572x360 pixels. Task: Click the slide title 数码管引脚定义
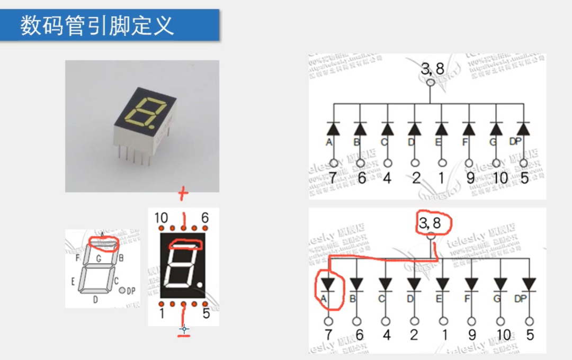point(97,25)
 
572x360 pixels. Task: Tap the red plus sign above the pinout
point(183,194)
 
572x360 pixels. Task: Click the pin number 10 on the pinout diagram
point(161,218)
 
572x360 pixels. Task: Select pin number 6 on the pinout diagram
point(205,218)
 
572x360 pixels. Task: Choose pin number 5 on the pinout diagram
point(206,314)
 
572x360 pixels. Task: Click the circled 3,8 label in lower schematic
point(430,223)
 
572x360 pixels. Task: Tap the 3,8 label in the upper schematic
point(432,69)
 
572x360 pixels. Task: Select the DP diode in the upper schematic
point(523,129)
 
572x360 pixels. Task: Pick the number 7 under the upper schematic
point(333,178)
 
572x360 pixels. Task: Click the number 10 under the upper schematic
point(499,178)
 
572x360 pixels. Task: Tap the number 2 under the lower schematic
point(414,335)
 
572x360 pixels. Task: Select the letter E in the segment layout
point(73,281)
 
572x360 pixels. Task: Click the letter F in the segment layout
point(78,258)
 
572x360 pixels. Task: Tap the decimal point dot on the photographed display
point(153,127)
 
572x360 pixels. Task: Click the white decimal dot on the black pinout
point(199,286)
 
